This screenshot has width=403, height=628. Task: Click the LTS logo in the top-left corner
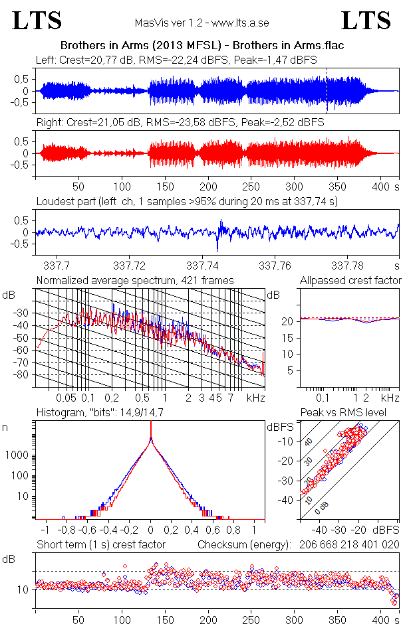pos(37,21)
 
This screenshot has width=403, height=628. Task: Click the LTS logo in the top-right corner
pos(366,21)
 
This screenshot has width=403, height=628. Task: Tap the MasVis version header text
pos(201,23)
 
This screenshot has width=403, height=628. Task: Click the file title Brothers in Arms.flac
pos(206,46)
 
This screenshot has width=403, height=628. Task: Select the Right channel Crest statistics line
pos(180,123)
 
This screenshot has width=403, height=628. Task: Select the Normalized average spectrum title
pos(135,281)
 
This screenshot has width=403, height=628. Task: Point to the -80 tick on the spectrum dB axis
pos(24,375)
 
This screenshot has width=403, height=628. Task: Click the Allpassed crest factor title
pos(350,281)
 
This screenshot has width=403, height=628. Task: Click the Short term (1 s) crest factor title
pos(100,545)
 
